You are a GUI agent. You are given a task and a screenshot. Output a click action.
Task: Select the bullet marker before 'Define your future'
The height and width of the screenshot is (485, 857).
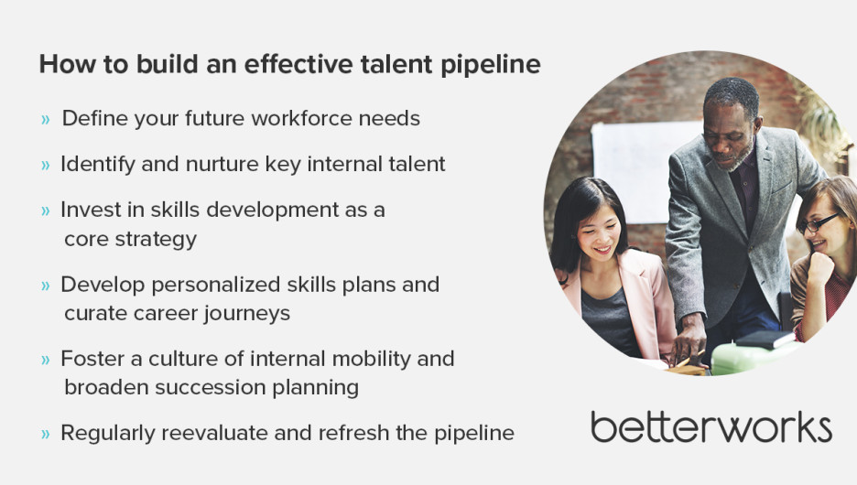pyautogui.click(x=46, y=119)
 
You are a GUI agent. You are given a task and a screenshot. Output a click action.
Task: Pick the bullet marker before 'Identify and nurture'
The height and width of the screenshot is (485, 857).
pyautogui.click(x=46, y=165)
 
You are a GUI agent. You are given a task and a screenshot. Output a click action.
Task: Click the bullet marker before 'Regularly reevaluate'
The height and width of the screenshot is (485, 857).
pyautogui.click(x=46, y=434)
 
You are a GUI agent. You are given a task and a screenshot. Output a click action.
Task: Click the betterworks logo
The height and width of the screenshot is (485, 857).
pyautogui.click(x=711, y=426)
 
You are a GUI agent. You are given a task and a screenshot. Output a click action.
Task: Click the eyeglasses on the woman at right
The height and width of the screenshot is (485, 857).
pyautogui.click(x=819, y=223)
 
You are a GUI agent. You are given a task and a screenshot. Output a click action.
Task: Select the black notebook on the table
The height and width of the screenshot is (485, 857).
pyautogui.click(x=765, y=339)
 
